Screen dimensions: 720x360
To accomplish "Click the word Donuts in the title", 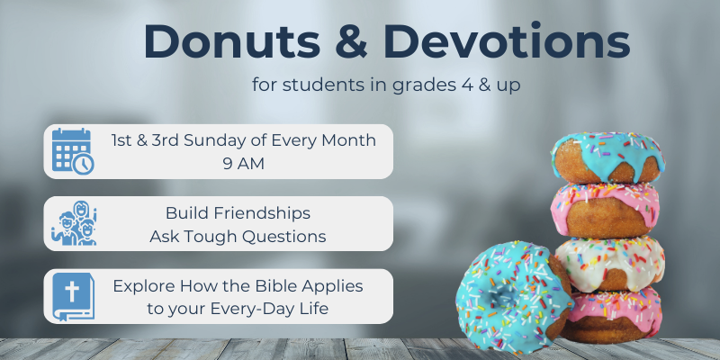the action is tap(232, 41).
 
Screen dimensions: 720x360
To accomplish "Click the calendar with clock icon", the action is tap(73, 151).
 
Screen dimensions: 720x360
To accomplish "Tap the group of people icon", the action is tap(74, 223).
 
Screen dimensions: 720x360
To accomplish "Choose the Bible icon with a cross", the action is tap(73, 297).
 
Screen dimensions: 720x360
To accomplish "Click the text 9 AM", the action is tap(244, 164).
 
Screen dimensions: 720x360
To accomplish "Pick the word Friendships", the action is tap(259, 213).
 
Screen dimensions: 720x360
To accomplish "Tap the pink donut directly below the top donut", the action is tap(606, 211).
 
